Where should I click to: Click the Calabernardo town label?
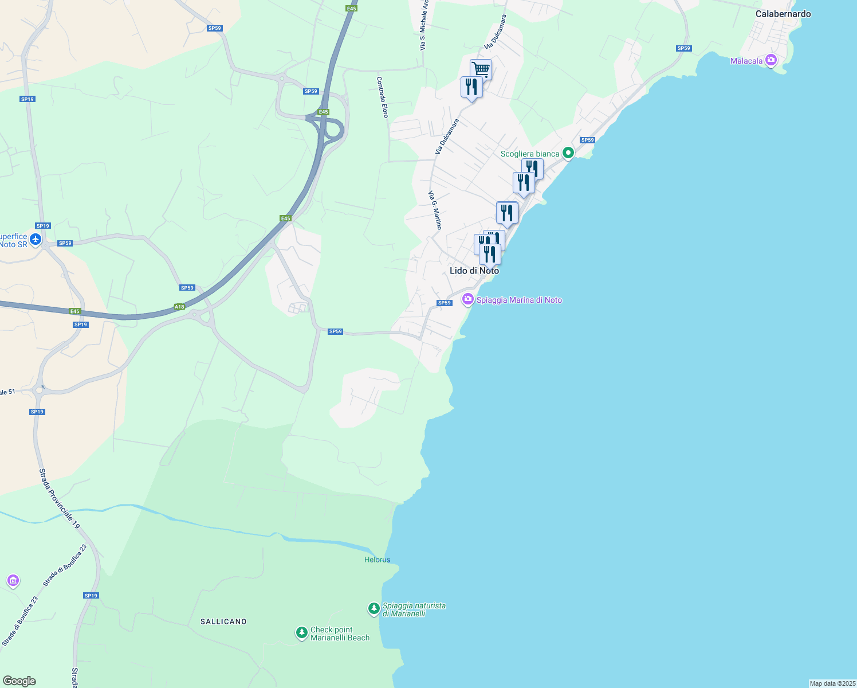(x=783, y=14)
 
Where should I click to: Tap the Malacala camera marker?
(x=770, y=60)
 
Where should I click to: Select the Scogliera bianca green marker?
(x=568, y=153)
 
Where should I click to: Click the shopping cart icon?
(x=481, y=69)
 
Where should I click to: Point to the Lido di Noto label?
(x=474, y=271)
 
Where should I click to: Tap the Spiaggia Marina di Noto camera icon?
(x=468, y=299)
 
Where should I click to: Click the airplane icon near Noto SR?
(x=36, y=239)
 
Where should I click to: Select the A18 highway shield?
(x=179, y=307)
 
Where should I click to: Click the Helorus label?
(x=377, y=560)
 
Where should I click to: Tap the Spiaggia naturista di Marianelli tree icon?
(x=374, y=608)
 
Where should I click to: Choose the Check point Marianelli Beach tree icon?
(x=301, y=632)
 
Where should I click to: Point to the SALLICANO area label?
(x=223, y=621)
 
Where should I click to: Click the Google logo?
(x=19, y=681)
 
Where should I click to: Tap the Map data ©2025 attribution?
(x=832, y=683)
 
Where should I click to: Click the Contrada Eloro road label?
(x=382, y=97)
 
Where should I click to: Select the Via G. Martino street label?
(x=435, y=210)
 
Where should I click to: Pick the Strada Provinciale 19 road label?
(x=60, y=499)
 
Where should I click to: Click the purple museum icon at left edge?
(x=13, y=581)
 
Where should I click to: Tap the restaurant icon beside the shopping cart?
(x=471, y=87)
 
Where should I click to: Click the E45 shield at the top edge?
(x=351, y=9)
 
